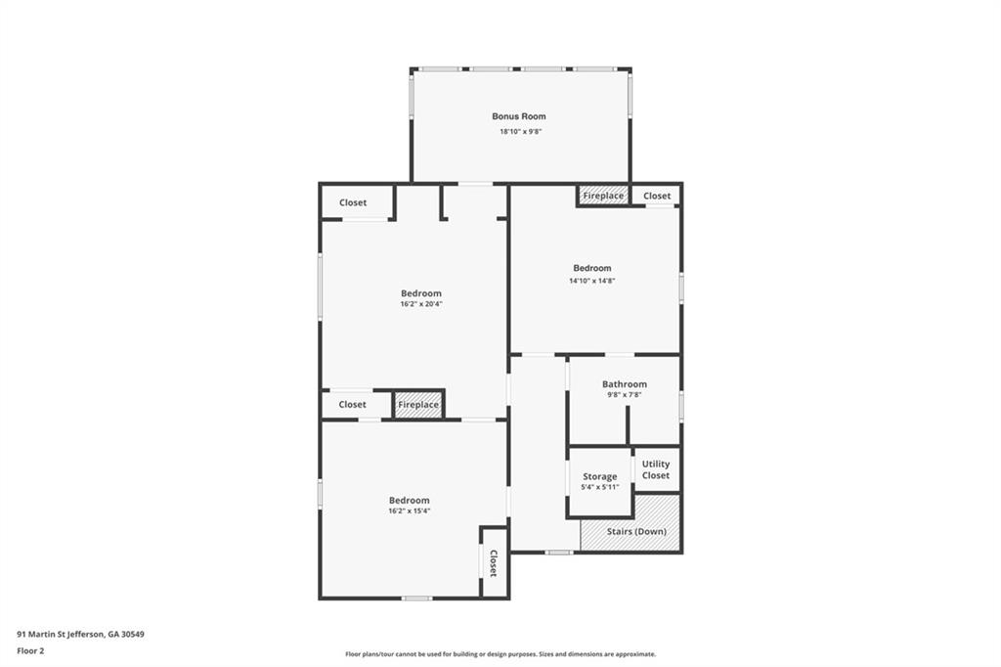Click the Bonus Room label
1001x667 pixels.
(518, 116)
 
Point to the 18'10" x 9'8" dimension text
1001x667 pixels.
(520, 132)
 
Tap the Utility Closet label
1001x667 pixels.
(656, 469)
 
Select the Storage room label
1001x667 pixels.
(599, 476)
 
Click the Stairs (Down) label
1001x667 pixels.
(636, 532)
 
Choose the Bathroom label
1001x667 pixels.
(625, 384)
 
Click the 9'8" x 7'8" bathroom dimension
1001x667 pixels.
(625, 395)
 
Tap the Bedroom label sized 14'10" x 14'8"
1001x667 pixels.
(591, 268)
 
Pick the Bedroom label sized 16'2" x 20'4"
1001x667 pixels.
(420, 293)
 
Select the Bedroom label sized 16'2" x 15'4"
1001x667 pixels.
(410, 501)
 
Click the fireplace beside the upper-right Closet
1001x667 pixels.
(603, 196)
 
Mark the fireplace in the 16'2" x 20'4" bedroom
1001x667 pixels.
(418, 405)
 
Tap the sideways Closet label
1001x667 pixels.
(493, 563)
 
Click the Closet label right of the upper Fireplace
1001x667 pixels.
(657, 197)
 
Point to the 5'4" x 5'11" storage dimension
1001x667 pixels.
(599, 487)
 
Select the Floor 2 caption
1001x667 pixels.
(30, 651)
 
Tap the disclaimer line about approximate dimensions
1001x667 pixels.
(500, 654)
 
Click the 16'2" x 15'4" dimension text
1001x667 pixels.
(410, 511)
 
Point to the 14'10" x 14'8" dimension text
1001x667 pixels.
(591, 281)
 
